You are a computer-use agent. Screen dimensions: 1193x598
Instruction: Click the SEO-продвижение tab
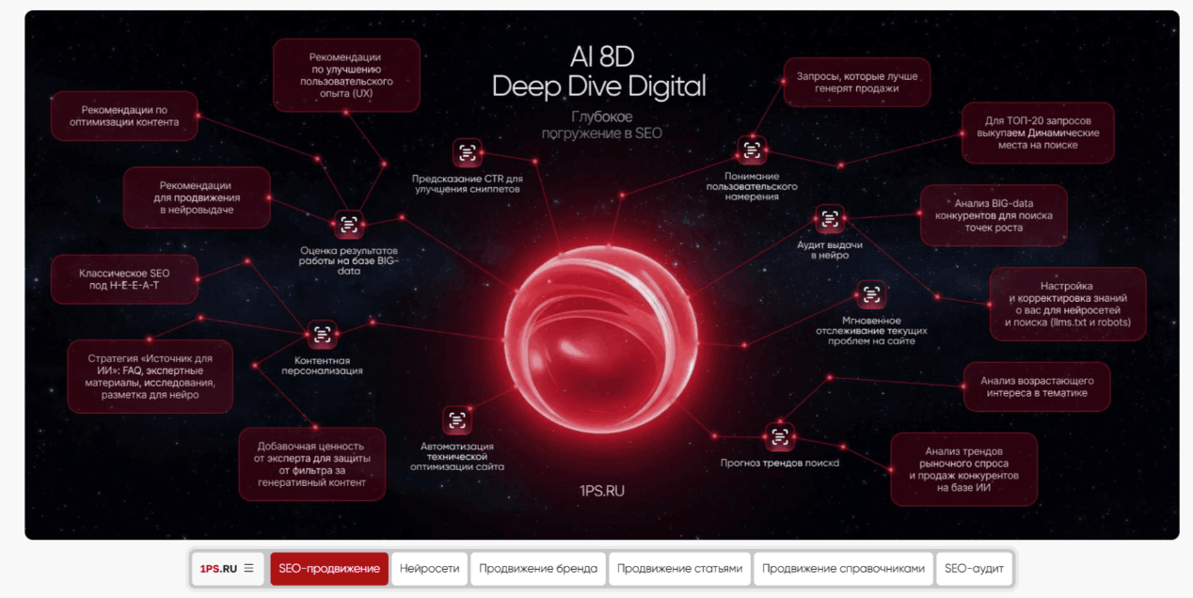pos(329,568)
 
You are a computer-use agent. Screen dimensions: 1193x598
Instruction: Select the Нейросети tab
pos(429,568)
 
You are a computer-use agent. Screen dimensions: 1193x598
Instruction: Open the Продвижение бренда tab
pos(538,568)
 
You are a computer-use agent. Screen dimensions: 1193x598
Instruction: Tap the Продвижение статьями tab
pos(679,568)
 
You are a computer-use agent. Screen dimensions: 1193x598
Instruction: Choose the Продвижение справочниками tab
pos(843,568)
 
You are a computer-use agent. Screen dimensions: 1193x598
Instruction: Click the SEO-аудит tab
pos(974,568)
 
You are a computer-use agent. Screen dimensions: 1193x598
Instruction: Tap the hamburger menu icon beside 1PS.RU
pos(248,568)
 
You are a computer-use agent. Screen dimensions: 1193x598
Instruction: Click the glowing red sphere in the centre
pos(601,339)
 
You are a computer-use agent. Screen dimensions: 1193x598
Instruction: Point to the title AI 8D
pos(602,56)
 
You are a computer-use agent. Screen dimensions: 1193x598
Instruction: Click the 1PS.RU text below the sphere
pos(602,491)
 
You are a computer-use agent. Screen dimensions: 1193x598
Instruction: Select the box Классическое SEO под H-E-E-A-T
pos(124,279)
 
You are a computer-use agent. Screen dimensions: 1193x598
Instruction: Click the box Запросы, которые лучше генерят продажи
pos(857,83)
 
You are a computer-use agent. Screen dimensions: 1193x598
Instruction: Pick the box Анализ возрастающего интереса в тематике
pos(1037,386)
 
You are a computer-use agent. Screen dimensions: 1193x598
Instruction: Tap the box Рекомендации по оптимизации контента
pos(124,116)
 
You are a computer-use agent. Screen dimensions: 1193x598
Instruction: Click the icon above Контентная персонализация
pos(322,335)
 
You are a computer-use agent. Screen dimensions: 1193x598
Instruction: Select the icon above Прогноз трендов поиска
pos(780,437)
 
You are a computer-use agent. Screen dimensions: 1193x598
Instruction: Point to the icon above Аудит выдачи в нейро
pos(830,219)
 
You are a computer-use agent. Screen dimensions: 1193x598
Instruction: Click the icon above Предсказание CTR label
pos(467,153)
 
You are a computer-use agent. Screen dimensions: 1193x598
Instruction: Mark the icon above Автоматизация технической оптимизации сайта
pos(457,420)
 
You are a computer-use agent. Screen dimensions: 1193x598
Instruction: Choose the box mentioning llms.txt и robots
pos(1068,305)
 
